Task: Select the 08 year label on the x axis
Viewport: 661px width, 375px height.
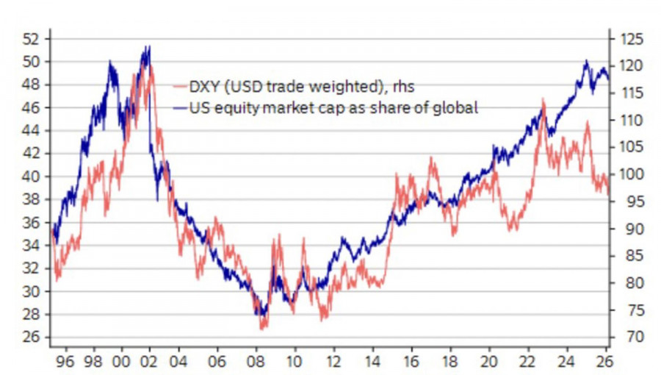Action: pos(256,362)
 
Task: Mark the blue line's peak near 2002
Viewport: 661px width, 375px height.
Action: pos(149,47)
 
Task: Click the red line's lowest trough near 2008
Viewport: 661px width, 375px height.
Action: pos(262,328)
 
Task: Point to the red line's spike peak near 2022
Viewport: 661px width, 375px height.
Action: pos(543,99)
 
